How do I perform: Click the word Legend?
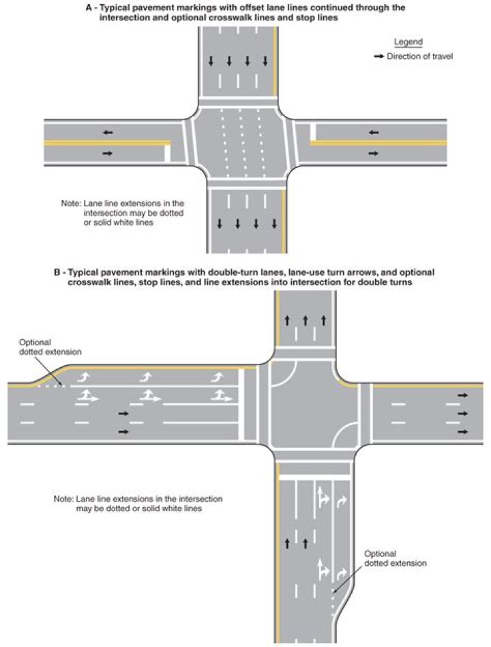408,42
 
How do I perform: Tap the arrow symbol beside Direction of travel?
379,56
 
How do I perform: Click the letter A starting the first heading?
89,8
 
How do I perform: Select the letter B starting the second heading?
57,272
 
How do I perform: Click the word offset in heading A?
252,8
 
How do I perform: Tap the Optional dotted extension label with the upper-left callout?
50,347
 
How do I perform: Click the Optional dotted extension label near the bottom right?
395,558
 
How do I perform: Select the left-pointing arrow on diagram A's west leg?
108,132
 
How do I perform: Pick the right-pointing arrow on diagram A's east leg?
374,154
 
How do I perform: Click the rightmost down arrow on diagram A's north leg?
265,61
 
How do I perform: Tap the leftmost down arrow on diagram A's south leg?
220,224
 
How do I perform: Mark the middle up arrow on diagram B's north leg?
306,320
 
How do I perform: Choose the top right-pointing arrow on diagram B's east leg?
463,395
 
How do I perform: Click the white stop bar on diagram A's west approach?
167,153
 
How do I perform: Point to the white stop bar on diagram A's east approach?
313,132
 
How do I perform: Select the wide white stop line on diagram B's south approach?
314,477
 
